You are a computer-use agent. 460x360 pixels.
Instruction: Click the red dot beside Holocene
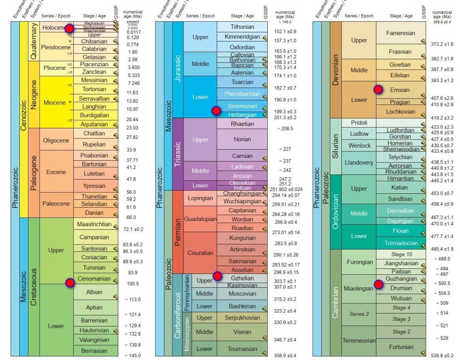[x=69, y=29]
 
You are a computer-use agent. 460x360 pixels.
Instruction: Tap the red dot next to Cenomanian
[x=70, y=283]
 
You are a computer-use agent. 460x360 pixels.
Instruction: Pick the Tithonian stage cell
[x=242, y=27]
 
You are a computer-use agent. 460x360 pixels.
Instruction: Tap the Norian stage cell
[x=242, y=139]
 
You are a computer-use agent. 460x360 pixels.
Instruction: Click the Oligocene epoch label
[x=57, y=140]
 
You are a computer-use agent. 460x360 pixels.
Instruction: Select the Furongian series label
[x=359, y=262]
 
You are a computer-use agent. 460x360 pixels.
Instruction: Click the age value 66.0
[x=131, y=217]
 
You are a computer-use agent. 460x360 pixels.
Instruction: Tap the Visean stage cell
[x=242, y=332]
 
